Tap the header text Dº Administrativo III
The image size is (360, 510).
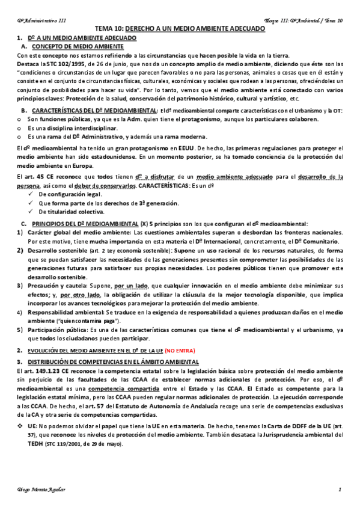pyautogui.click(x=41, y=20)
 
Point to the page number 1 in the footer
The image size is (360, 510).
pyautogui.click(x=340, y=490)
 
